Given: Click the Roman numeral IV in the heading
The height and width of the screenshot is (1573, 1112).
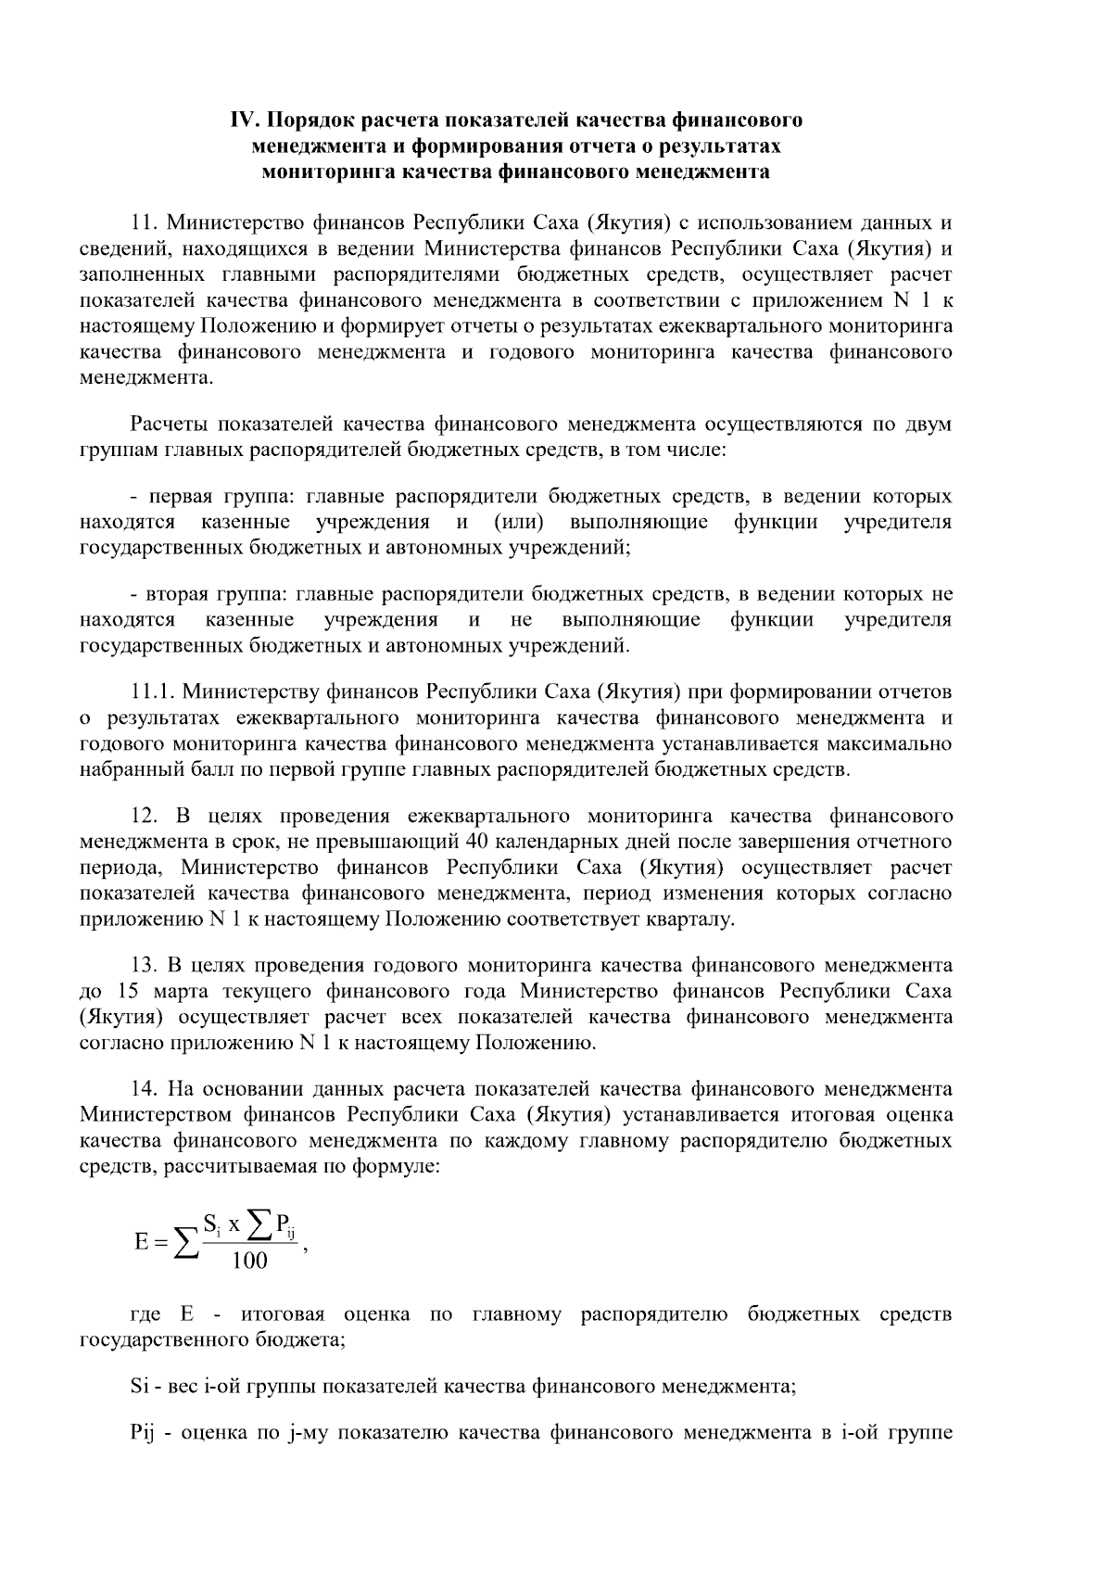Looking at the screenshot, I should (243, 120).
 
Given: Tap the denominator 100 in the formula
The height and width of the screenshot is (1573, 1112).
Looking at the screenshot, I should (249, 1260).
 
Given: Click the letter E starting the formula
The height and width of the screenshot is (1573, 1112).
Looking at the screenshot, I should (141, 1241).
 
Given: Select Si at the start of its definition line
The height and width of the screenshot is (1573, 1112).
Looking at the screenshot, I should (139, 1387).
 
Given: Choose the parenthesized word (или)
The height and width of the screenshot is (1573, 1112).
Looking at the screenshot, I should (519, 522).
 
